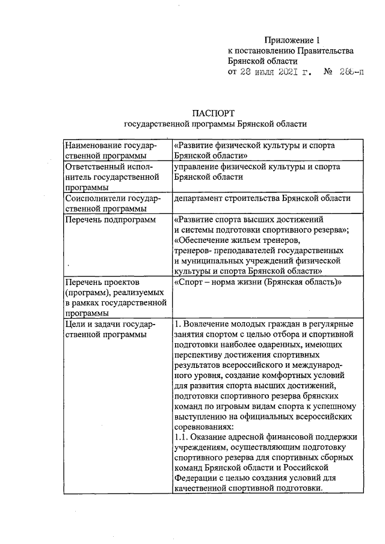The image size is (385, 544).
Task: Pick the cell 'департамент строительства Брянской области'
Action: click(x=262, y=198)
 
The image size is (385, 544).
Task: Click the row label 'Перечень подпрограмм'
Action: click(x=108, y=219)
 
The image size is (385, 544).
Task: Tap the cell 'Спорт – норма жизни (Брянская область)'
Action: click(x=257, y=282)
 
